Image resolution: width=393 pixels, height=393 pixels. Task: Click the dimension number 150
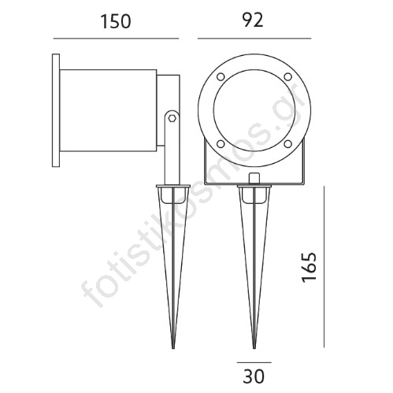coord(116,21)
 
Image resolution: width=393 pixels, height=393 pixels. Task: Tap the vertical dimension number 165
coord(309,267)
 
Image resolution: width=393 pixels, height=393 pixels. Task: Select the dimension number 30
coord(254,376)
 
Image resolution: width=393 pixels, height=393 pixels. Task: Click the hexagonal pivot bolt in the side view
coord(172,118)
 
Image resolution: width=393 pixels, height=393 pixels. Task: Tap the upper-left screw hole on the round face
coord(221,77)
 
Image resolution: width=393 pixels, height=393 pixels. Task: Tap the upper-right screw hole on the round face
coord(288,77)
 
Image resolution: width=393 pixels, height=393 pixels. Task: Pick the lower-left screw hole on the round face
coord(221,144)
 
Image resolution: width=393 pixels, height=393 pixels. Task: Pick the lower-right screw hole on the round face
coord(288,144)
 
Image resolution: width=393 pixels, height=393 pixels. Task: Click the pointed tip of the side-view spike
coord(173,348)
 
